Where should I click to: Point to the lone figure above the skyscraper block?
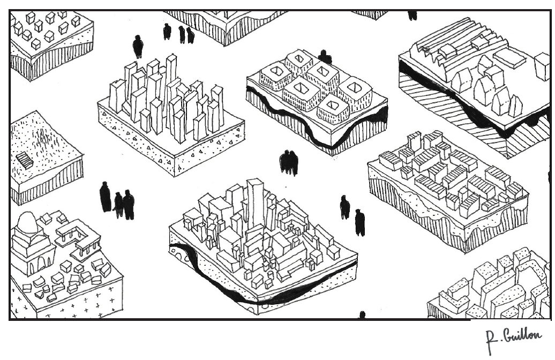coord(138,46)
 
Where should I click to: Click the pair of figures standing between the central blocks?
coord(288,162)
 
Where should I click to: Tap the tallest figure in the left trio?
coord(105,197)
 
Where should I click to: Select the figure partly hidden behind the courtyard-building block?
coord(324,57)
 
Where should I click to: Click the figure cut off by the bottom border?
coord(362,315)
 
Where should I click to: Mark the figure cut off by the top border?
coord(412,14)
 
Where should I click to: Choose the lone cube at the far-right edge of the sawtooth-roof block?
coord(542,66)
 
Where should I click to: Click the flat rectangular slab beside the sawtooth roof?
coord(508,58)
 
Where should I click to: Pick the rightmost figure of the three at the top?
coord(191,35)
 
